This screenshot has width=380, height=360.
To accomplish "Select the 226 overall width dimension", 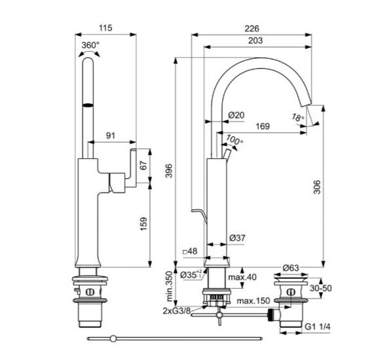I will (x=252, y=28).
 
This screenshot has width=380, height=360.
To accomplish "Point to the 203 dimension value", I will (x=256, y=41).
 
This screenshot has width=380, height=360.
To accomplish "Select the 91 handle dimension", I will (x=112, y=136).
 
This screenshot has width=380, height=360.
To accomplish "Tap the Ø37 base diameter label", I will (x=237, y=238).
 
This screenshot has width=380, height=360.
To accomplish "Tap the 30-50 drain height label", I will (x=319, y=288).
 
